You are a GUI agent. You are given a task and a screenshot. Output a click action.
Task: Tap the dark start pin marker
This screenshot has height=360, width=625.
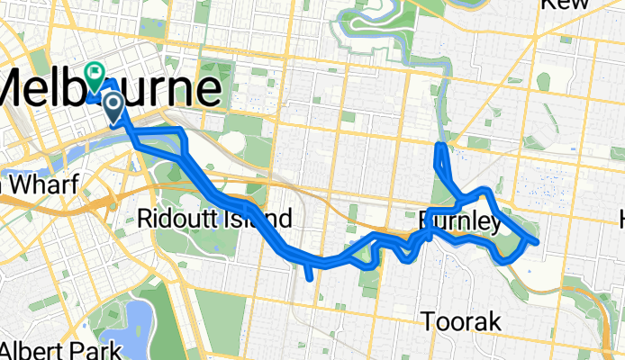[x=114, y=108]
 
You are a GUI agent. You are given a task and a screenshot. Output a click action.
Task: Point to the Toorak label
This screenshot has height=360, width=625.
[x=462, y=321]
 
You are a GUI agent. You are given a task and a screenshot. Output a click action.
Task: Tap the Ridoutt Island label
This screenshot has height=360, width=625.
[x=215, y=218]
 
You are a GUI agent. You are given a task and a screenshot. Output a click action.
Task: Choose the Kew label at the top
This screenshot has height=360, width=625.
[x=566, y=4]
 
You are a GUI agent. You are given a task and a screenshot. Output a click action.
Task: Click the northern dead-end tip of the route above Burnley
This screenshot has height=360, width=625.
[x=439, y=146]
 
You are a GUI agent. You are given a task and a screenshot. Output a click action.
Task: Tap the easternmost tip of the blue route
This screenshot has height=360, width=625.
[x=537, y=241]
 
